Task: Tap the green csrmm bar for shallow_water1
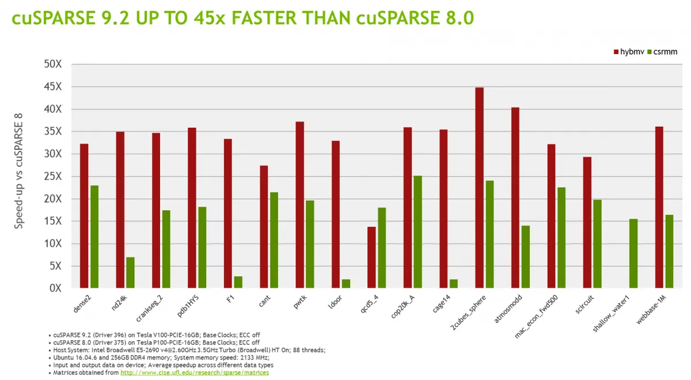tap(633, 253)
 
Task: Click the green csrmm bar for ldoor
tap(345, 283)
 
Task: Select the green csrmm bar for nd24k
tap(130, 272)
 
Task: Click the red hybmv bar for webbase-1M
tap(659, 207)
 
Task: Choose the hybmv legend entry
tap(628, 52)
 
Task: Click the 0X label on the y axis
tap(55, 288)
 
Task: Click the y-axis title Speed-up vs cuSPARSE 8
tap(19, 170)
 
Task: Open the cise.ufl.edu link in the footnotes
tap(194, 373)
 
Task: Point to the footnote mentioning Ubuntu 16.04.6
tap(161, 358)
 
